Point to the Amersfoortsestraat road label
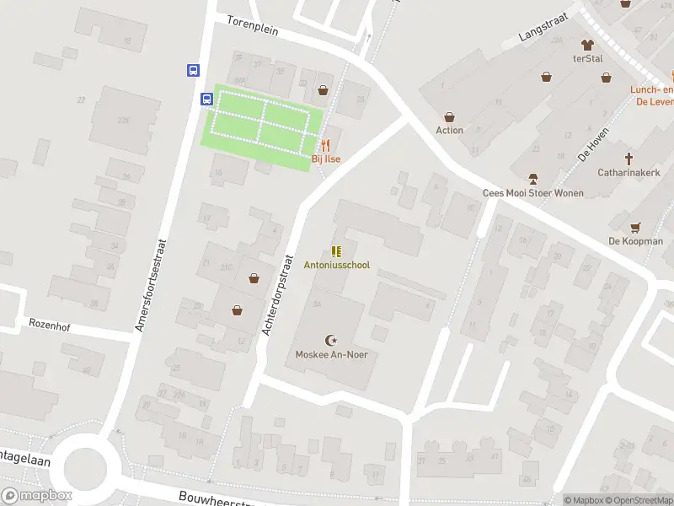(x=152, y=284)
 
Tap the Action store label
(x=449, y=131)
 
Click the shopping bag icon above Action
(x=449, y=117)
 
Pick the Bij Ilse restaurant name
(x=325, y=159)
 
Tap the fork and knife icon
(x=325, y=145)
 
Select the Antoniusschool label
(x=336, y=265)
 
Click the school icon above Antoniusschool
(x=336, y=250)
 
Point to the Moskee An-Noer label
(x=331, y=354)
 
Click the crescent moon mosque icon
(x=332, y=341)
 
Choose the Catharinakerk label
(x=628, y=172)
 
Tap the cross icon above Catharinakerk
(x=629, y=158)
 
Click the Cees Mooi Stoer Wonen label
(x=532, y=193)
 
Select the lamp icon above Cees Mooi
(x=532, y=179)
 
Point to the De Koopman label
(x=636, y=241)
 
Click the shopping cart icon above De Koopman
(x=636, y=227)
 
